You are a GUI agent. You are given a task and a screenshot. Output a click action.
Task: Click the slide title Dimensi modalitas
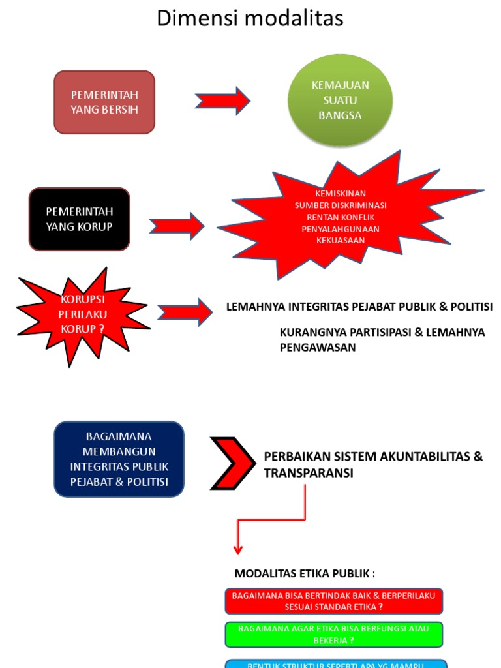pyautogui.click(x=250, y=18)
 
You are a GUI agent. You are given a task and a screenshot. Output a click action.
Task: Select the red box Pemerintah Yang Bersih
pyautogui.click(x=104, y=102)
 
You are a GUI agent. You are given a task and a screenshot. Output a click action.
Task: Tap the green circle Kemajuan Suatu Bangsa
pyautogui.click(x=340, y=100)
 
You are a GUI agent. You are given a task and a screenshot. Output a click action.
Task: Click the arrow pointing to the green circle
pyautogui.click(x=222, y=101)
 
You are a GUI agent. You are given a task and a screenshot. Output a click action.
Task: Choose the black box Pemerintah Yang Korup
pyautogui.click(x=80, y=219)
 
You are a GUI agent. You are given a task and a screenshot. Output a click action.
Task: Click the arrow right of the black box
pyautogui.click(x=177, y=226)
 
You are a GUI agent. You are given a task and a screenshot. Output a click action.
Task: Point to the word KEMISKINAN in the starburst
pyautogui.click(x=340, y=194)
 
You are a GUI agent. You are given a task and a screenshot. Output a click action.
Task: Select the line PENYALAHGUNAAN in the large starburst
pyautogui.click(x=340, y=229)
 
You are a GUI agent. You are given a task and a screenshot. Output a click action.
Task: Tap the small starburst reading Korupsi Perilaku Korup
pyautogui.click(x=83, y=314)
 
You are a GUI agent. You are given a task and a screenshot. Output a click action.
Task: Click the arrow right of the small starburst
pyautogui.click(x=185, y=312)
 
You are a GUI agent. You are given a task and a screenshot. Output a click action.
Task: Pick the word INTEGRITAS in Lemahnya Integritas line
pyautogui.click(x=319, y=306)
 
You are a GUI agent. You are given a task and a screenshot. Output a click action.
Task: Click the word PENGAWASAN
pyautogui.click(x=318, y=347)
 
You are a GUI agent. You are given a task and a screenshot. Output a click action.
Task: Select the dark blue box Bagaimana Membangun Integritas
pyautogui.click(x=119, y=459)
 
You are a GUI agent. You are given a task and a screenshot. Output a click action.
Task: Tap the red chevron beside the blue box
pyautogui.click(x=232, y=463)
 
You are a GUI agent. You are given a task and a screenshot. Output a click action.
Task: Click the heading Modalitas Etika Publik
pyautogui.click(x=305, y=573)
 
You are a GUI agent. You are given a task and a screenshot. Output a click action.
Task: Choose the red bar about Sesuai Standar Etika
pyautogui.click(x=334, y=601)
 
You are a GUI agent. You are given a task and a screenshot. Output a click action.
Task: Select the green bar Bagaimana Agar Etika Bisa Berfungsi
pyautogui.click(x=334, y=634)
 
